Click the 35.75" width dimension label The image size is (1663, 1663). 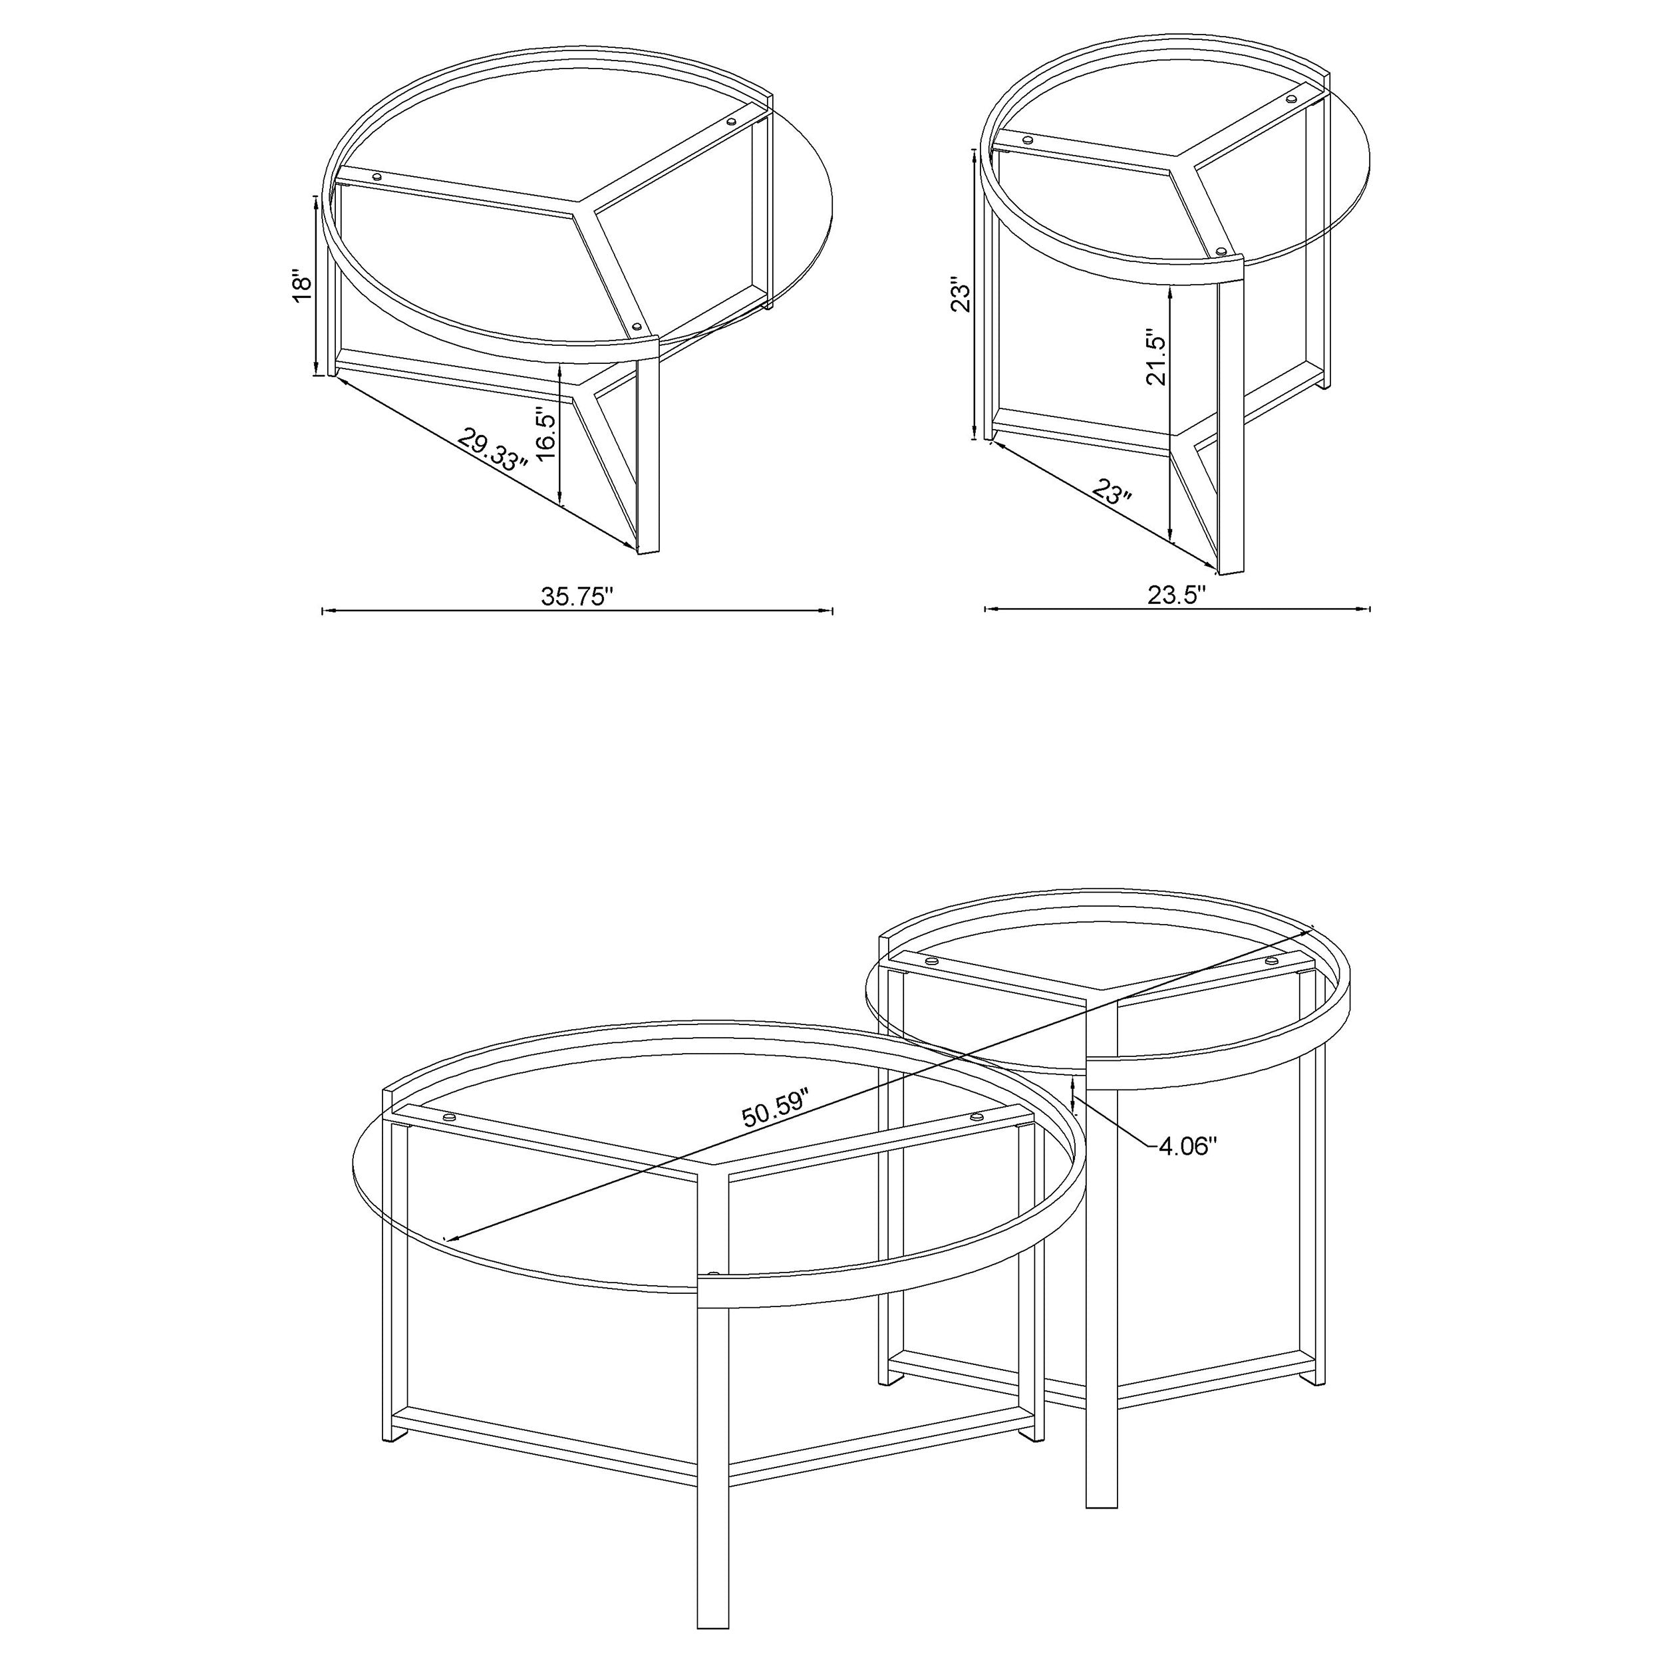coord(576,597)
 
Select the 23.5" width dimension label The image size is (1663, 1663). coord(1177,595)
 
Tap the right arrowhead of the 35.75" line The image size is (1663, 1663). coord(831,611)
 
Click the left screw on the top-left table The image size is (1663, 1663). coord(376,176)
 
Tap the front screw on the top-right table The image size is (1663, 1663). coord(1220,251)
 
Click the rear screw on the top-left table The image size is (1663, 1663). coord(732,122)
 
